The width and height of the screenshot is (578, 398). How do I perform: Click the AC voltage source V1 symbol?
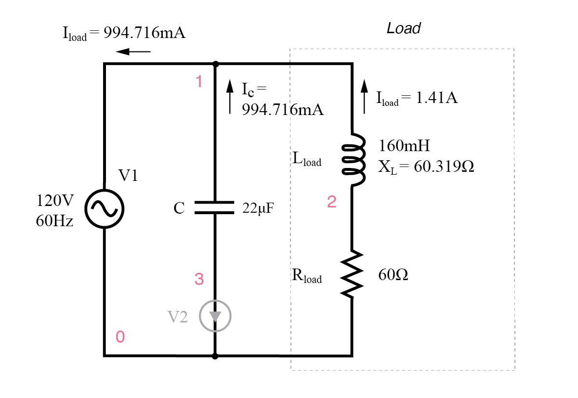(105, 208)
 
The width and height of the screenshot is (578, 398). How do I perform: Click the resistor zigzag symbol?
(353, 274)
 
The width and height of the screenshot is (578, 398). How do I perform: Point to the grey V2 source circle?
(215, 316)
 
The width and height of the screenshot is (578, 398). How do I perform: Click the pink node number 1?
(199, 82)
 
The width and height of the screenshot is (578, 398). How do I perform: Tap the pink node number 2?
(331, 202)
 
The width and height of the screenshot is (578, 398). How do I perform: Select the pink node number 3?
(199, 279)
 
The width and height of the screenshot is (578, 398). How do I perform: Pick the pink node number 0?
(120, 337)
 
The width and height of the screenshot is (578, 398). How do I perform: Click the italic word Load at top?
(404, 28)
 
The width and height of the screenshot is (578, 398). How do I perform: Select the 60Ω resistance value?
(394, 275)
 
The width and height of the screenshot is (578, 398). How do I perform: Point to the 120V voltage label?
(54, 200)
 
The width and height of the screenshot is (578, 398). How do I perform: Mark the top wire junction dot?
(215, 64)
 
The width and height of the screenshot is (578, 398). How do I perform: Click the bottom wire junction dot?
(215, 356)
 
